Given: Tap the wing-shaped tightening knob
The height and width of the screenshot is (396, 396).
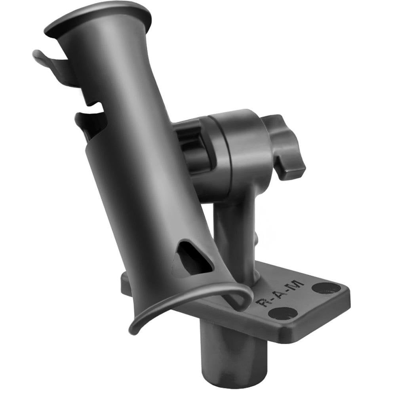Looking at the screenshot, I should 287,147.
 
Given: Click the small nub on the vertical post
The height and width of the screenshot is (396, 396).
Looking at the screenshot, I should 257,238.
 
